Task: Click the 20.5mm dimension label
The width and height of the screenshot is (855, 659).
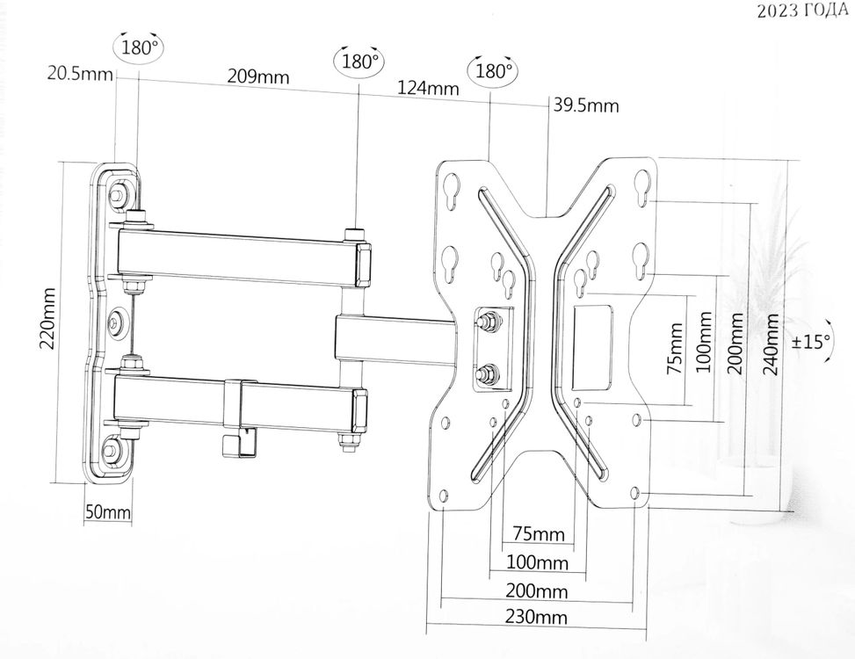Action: [80, 74]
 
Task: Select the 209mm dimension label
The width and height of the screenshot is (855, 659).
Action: [258, 76]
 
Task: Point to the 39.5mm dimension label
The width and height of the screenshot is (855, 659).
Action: [585, 106]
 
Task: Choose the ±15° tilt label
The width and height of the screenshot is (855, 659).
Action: [810, 341]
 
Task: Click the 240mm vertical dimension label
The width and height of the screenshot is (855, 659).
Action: [771, 343]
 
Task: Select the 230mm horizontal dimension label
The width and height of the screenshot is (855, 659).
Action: [536, 617]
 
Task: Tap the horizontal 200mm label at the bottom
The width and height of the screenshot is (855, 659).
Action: [536, 590]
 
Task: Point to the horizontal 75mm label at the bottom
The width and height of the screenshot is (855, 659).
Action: [538, 534]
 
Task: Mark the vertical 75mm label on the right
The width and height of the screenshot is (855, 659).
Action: [675, 348]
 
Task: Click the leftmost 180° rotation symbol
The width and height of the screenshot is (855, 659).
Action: [139, 47]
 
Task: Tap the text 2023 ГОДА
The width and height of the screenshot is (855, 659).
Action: [802, 11]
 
